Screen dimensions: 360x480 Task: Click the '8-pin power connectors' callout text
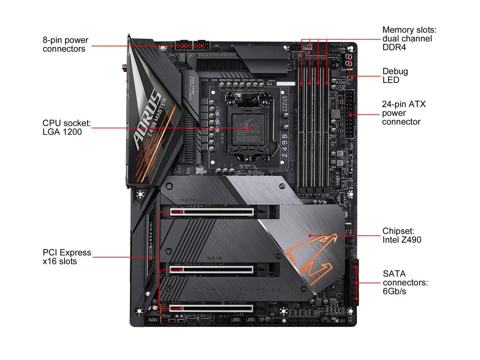pos(65,45)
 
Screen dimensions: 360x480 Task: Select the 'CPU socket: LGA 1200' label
pos(66,127)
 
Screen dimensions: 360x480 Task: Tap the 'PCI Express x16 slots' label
pos(67,257)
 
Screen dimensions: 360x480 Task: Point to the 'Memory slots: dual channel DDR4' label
pos(409,39)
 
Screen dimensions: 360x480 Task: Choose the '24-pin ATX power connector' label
pos(404,113)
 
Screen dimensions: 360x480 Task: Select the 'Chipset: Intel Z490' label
pos(402,235)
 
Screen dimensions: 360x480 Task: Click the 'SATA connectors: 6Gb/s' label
pos(405,282)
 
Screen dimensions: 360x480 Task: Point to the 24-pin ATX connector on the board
pos(350,114)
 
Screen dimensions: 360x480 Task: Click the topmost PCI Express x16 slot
pos(221,211)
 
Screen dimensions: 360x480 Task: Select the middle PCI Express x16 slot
pos(221,269)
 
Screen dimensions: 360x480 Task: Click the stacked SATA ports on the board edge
pos(355,282)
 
